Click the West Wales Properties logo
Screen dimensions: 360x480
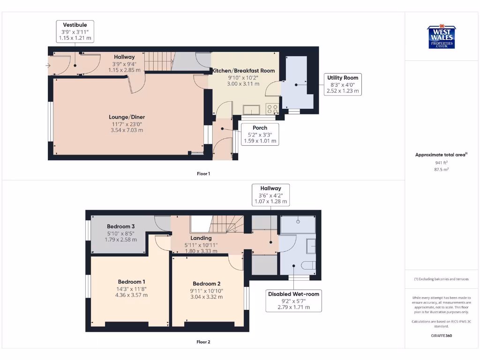pyautogui.click(x=441, y=37)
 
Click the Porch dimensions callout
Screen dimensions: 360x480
pyautogui.click(x=260, y=134)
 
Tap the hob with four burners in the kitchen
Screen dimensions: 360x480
pyautogui.click(x=272, y=109)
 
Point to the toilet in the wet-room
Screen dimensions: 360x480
pyautogui.click(x=308, y=265)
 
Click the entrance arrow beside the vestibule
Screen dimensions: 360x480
pyautogui.click(x=48, y=66)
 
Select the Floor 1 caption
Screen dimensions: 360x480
pyautogui.click(x=203, y=174)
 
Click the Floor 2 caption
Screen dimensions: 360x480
pyautogui.click(x=203, y=342)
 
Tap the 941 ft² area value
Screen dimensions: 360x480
pyautogui.click(x=441, y=163)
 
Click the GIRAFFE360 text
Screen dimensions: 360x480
pyautogui.click(x=441, y=336)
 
